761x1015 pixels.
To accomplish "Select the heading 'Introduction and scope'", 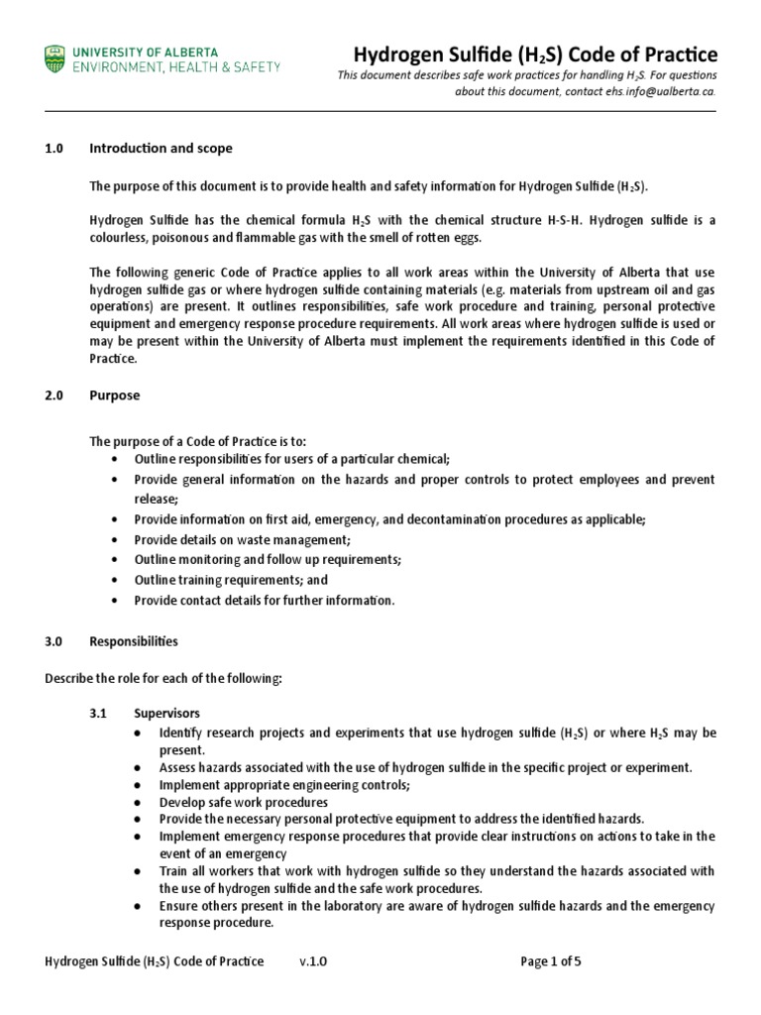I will (161, 149).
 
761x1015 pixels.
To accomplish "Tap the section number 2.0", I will (54, 395).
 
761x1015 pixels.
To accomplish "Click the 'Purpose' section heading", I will (115, 395).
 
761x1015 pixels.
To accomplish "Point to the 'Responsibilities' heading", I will (134, 641).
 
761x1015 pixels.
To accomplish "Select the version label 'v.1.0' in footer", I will (312, 961).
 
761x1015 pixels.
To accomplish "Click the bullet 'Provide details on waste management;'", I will (243, 540).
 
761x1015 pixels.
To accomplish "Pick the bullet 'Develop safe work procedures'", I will (244, 802).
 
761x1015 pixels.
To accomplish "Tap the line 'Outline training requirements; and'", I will (231, 580).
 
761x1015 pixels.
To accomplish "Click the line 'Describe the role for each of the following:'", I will (163, 678).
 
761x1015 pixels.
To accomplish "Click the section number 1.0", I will (54, 149).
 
